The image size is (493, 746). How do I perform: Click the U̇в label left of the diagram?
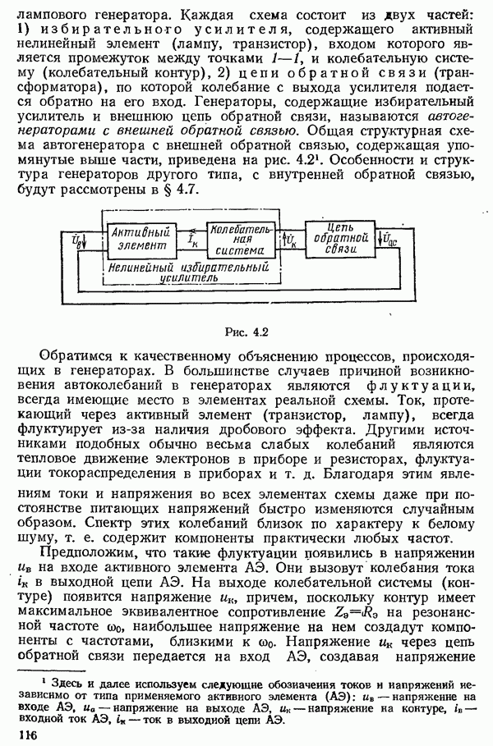point(76,239)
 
